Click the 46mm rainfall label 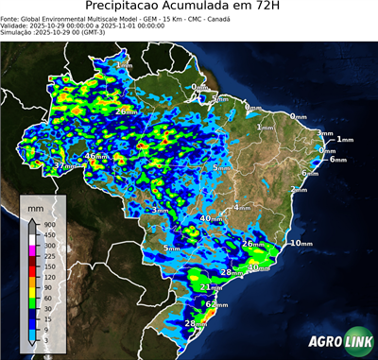click(x=96, y=156)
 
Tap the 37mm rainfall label click(x=64, y=166)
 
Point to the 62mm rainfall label click(x=217, y=305)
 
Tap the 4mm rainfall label click(x=242, y=206)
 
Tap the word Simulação click(x=16, y=33)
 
